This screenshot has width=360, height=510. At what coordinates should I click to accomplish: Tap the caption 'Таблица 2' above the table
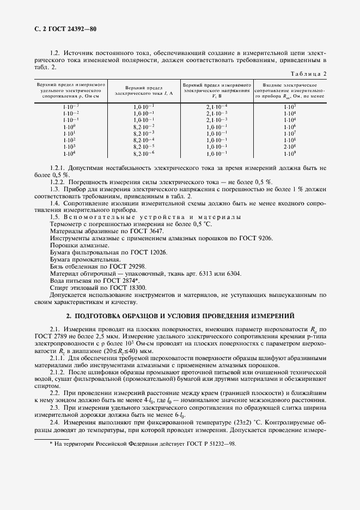pos(308,74)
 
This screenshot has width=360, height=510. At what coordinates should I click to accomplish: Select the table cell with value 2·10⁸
pos(289,147)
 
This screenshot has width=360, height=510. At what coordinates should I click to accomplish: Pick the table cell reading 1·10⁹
pos(289,154)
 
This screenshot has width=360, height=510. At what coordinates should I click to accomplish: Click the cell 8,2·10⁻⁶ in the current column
pos(144,154)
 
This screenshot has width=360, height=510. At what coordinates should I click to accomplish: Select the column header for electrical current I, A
pos(144,90)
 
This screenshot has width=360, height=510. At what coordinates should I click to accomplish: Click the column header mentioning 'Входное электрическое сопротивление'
pos(289,90)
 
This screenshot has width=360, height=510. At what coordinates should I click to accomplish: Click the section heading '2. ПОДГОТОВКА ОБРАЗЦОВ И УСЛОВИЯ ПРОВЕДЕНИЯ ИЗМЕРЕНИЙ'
pos(180,316)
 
